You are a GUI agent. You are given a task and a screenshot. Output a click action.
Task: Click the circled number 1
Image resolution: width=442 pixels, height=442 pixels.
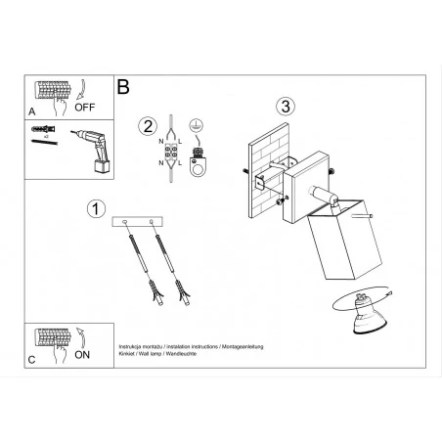pos(95,208)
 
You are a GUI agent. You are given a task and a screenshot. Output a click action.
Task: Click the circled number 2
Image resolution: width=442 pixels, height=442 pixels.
pos(148,125)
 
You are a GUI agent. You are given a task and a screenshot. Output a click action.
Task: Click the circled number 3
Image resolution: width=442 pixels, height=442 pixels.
pos(285,106)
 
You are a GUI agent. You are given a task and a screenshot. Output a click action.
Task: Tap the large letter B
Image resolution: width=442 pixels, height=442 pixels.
pos(123,86)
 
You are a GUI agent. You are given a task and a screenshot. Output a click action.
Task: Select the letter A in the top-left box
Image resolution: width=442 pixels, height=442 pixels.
pos(32,112)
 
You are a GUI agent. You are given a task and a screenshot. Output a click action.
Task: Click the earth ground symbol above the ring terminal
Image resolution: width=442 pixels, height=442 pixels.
pos(196,126)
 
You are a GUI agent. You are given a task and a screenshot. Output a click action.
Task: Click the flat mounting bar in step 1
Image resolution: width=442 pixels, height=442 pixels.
pos(142,222)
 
